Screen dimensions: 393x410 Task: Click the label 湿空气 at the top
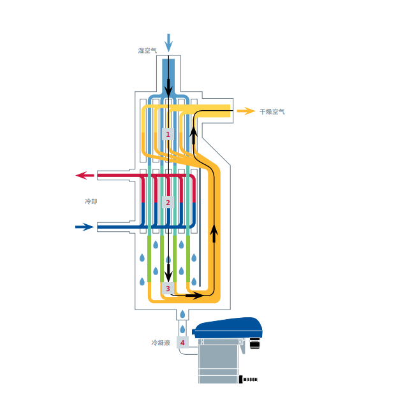point(147,50)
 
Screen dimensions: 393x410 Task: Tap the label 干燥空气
point(272,111)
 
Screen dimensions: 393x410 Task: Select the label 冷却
point(91,201)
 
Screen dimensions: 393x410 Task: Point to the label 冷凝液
point(161,343)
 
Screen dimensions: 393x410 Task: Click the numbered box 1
point(168,134)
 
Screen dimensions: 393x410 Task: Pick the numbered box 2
point(168,203)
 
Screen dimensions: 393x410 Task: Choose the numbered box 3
point(168,289)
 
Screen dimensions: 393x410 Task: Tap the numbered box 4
point(183,343)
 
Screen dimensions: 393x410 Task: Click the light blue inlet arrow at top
point(169,42)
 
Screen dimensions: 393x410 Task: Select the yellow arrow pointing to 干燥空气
point(245,111)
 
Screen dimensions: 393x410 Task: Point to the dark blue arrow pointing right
point(85,227)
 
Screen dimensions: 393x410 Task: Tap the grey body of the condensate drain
point(217,363)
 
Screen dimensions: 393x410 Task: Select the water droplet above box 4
point(183,329)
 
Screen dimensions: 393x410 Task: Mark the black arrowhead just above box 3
point(168,275)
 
